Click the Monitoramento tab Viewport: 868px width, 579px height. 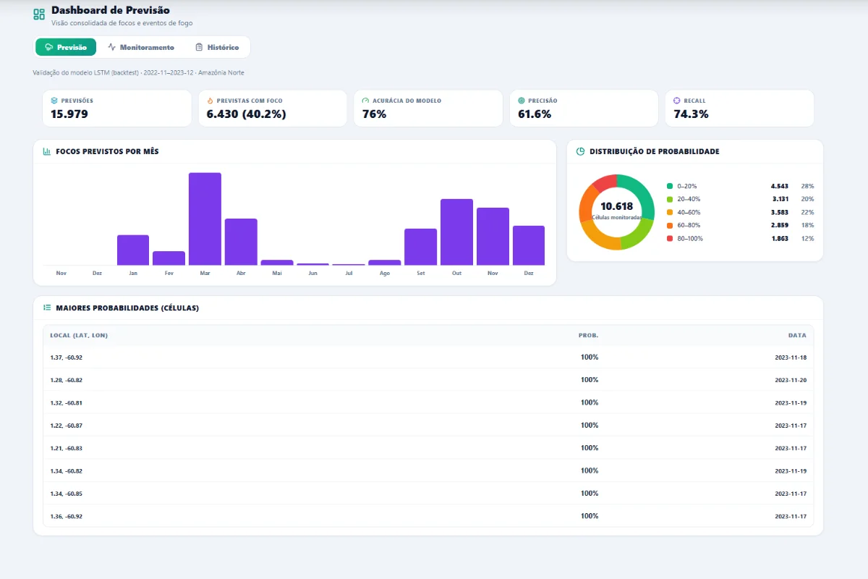point(141,47)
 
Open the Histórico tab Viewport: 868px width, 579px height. point(217,47)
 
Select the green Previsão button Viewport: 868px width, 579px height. point(66,47)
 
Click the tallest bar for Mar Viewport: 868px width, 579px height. point(205,219)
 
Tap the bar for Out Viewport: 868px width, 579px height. point(456,232)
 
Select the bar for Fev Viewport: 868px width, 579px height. point(169,258)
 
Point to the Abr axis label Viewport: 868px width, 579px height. point(241,273)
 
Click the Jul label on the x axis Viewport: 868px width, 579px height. point(349,273)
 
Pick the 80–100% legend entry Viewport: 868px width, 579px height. point(685,239)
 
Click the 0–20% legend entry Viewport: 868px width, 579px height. point(681,186)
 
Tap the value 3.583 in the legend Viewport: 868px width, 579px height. point(780,212)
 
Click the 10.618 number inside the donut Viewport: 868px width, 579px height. point(616,206)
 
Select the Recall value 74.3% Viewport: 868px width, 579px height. point(691,114)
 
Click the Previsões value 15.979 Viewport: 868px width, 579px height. point(69,114)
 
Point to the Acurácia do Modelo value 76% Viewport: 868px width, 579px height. point(375,114)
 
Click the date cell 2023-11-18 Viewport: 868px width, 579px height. point(791,358)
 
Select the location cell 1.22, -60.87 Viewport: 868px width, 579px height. point(67,426)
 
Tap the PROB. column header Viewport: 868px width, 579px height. point(588,335)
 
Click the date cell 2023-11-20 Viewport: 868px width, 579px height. point(791,380)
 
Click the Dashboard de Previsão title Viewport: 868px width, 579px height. point(111,10)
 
